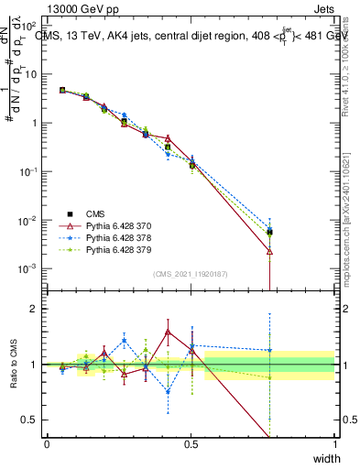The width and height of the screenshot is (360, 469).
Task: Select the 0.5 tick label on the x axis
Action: click(x=191, y=444)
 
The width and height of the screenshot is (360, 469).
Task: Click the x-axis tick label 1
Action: click(x=335, y=444)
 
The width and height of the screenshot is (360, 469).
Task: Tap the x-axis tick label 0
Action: click(x=47, y=444)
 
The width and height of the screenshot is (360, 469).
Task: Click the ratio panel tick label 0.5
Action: click(x=29, y=420)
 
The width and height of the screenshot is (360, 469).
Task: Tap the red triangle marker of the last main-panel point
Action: click(x=269, y=250)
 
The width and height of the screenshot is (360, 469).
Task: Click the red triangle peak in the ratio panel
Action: click(x=168, y=332)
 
